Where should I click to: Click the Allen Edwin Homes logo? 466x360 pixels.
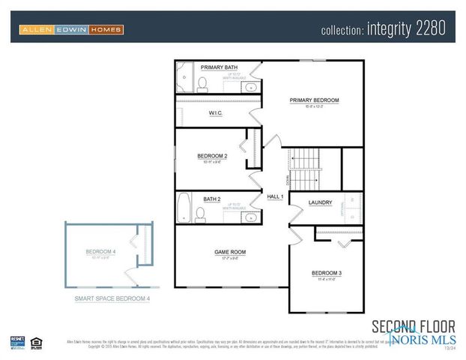[70, 29]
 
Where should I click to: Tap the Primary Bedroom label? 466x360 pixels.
[315, 100]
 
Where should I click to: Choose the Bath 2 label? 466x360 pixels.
[211, 199]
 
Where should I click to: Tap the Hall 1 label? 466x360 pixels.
[275, 196]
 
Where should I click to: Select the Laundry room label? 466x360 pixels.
[320, 202]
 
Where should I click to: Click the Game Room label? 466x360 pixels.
[230, 252]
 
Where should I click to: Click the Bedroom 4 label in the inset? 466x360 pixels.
[100, 251]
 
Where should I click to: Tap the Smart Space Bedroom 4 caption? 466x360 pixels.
[112, 299]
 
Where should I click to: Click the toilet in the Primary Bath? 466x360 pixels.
[202, 82]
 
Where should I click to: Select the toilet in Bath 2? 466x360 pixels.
[200, 215]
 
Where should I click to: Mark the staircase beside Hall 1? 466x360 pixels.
[305, 169]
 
